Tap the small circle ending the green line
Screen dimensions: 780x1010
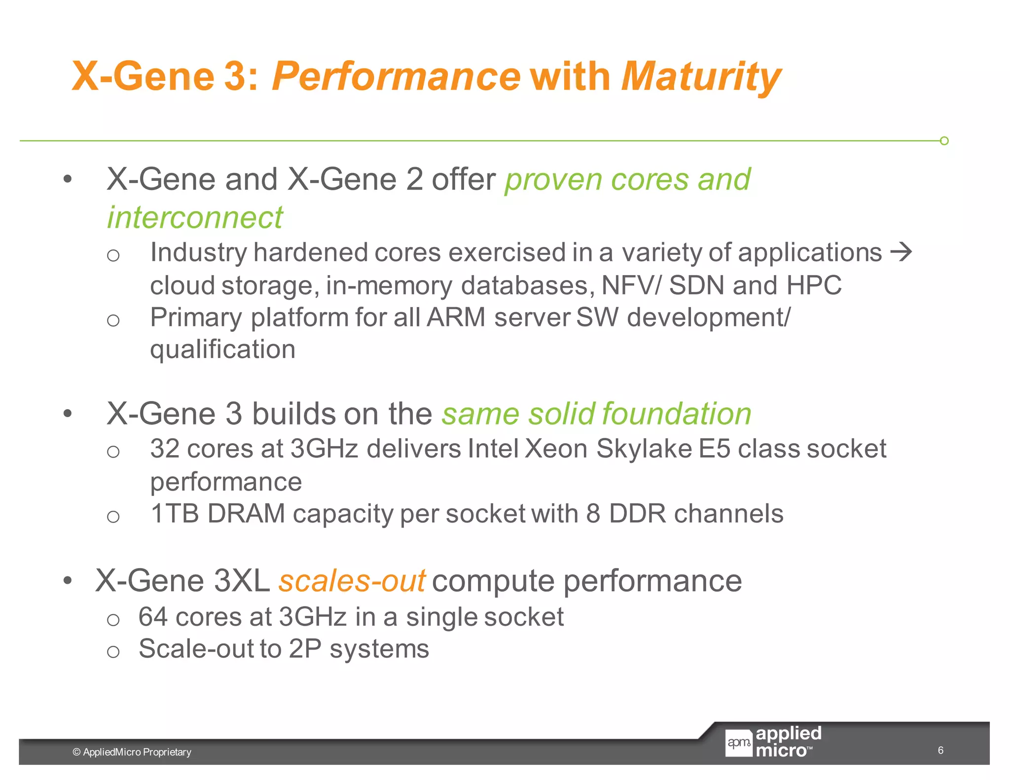[x=944, y=141]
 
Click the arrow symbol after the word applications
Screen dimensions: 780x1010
[x=901, y=252]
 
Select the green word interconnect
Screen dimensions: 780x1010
[x=195, y=217]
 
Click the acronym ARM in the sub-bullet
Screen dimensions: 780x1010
[x=456, y=317]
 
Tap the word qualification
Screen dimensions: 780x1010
[x=222, y=350]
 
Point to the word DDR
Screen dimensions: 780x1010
[x=637, y=514]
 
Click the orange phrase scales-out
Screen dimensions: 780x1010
[x=352, y=581]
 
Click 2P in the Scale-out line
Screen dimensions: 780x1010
[x=305, y=649]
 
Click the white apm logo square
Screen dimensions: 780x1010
[x=738, y=743]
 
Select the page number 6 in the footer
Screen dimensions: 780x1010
[x=940, y=750]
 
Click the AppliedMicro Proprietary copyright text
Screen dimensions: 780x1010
[x=132, y=752]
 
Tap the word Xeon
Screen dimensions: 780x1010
[x=556, y=449]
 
